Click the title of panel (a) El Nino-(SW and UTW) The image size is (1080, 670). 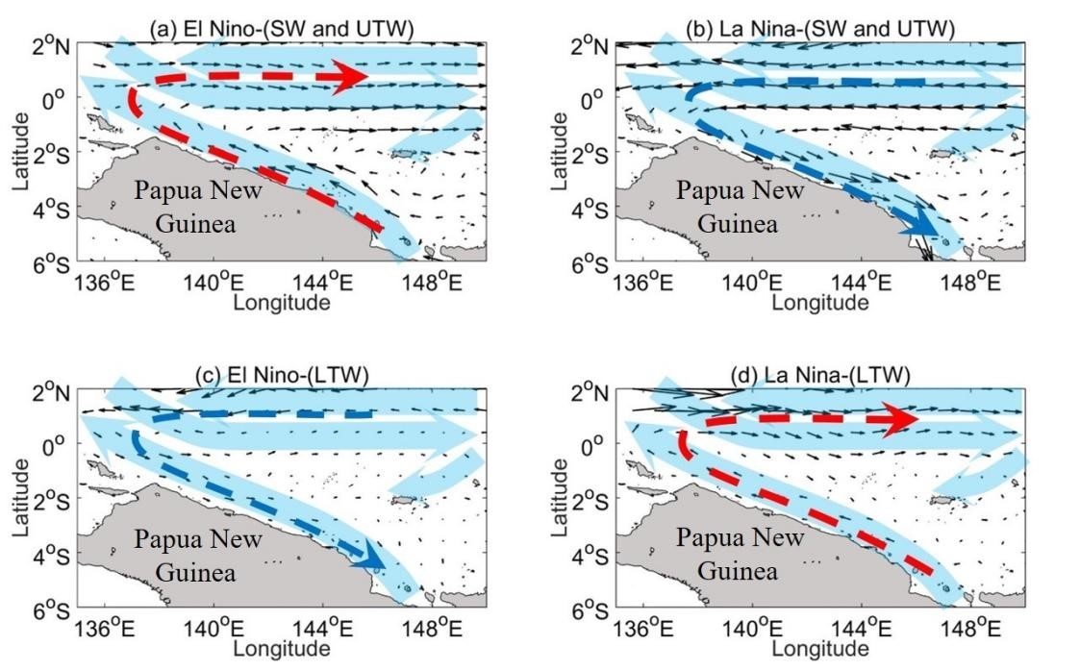pyautogui.click(x=282, y=29)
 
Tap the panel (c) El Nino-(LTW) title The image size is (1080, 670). pyautogui.click(x=282, y=375)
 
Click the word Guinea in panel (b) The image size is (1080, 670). pyautogui.click(x=738, y=225)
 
